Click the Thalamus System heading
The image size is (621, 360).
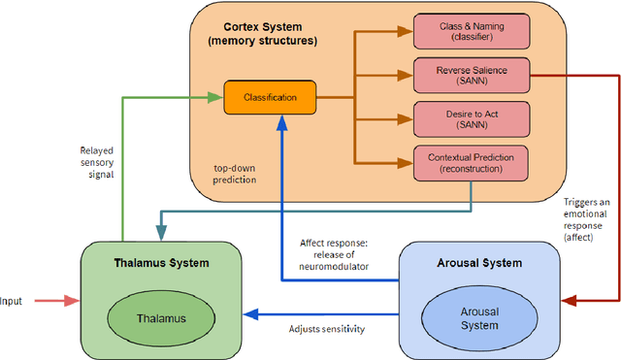(159, 263)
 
